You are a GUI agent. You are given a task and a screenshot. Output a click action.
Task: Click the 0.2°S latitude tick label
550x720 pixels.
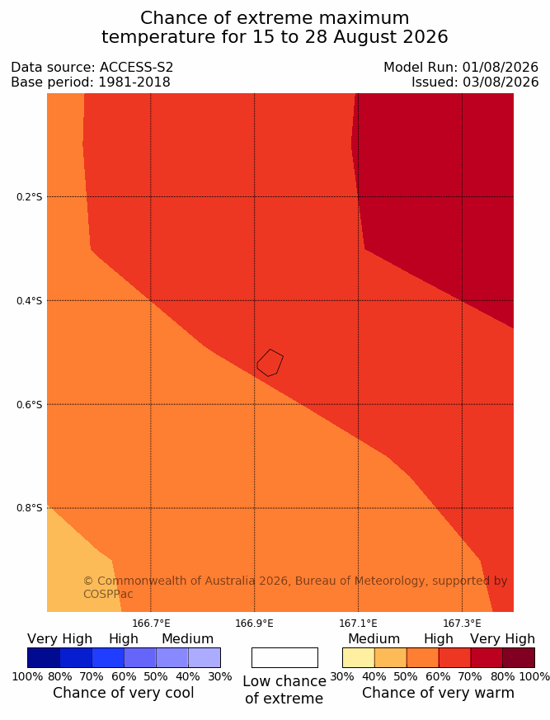point(29,197)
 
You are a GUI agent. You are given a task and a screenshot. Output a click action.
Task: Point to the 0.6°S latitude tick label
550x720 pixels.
point(29,405)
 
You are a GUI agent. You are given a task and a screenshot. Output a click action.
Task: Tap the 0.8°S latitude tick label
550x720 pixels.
point(29,508)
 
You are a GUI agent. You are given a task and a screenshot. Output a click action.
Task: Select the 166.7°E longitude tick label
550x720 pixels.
point(151,624)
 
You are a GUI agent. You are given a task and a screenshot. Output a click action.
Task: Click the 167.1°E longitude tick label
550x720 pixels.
point(358,624)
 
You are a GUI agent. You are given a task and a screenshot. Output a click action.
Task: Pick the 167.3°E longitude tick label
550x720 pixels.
point(462,624)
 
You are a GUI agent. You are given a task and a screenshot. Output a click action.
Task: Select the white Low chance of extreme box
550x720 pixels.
point(284,657)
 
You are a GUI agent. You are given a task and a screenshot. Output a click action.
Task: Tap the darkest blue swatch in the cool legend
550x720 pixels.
point(44,657)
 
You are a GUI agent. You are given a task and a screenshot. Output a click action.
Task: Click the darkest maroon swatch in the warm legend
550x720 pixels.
point(519,657)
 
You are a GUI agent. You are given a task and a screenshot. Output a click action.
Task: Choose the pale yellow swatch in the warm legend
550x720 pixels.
point(359,657)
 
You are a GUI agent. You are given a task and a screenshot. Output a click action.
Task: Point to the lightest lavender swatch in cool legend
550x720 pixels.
point(204,657)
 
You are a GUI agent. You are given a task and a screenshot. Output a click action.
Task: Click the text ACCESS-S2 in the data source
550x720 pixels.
point(136,68)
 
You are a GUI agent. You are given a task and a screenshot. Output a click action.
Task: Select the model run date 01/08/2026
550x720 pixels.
point(500,68)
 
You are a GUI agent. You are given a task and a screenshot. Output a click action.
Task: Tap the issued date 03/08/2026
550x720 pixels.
point(500,82)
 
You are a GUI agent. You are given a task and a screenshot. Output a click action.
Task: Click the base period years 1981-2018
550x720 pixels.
point(134,82)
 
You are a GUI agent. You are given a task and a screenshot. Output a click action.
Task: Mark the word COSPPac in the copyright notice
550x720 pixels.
point(108,594)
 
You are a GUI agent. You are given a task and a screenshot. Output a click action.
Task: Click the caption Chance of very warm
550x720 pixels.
point(438,693)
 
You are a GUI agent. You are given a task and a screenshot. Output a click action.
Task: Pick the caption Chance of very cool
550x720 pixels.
point(124,693)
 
